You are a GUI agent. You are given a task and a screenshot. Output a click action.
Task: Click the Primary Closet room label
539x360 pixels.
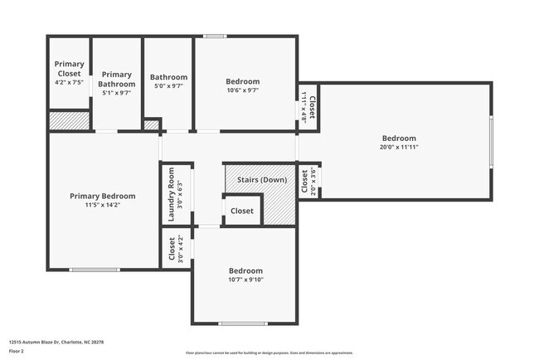(x=69, y=68)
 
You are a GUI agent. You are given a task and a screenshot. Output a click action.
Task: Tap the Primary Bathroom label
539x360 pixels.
(x=117, y=79)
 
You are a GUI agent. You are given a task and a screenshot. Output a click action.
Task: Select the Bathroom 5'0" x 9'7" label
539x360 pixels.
(x=168, y=77)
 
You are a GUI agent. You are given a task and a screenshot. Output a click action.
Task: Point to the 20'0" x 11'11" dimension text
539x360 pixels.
(x=399, y=148)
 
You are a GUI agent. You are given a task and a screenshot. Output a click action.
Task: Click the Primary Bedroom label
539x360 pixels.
(x=102, y=196)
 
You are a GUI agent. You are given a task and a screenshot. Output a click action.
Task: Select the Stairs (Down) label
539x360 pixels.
(x=261, y=180)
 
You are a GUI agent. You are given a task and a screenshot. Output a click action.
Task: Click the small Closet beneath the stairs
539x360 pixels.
(x=242, y=211)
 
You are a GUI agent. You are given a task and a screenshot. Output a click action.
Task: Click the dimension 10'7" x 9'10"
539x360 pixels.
(x=245, y=280)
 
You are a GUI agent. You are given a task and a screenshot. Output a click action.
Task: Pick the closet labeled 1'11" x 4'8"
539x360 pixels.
(x=308, y=106)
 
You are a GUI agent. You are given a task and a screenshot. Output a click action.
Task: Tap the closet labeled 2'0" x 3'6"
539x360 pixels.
(x=308, y=182)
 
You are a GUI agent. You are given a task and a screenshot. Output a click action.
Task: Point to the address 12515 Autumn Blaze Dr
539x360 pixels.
(x=56, y=341)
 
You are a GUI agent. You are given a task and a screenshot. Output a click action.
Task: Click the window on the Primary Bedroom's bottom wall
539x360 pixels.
(x=93, y=269)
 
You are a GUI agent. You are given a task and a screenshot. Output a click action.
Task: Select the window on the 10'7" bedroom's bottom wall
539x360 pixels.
(x=242, y=323)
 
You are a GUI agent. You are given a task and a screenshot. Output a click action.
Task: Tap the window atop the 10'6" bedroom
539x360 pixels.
(x=216, y=36)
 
